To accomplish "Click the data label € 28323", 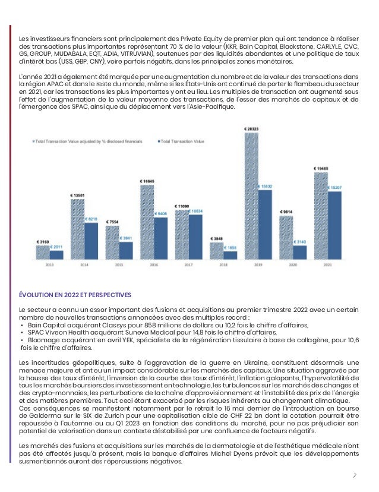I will point(251,128).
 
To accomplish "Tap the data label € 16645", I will point(147,181).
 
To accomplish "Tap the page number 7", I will point(354,475).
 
